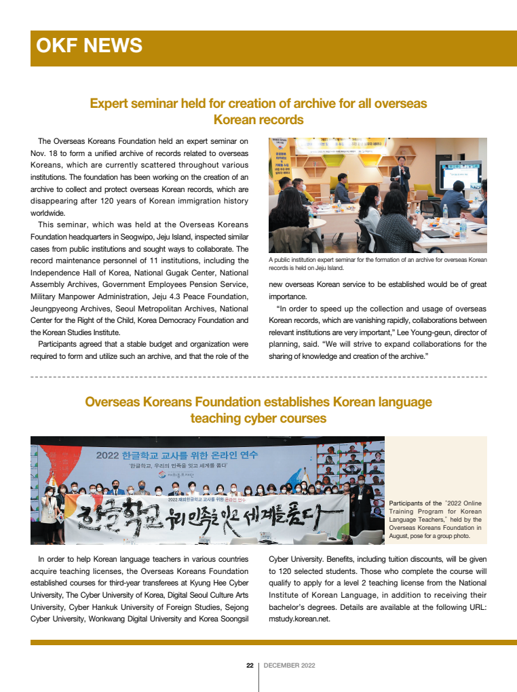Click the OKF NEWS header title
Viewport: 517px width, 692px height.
[x=89, y=45]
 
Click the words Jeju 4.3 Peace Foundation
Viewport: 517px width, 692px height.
[x=192, y=296]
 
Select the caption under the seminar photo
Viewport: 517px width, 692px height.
[x=377, y=264]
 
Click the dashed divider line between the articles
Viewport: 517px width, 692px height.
[x=258, y=376]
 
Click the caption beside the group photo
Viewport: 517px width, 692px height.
[x=436, y=520]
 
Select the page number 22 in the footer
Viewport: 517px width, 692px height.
[x=250, y=666]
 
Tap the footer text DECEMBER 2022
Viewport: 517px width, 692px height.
[x=289, y=666]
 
